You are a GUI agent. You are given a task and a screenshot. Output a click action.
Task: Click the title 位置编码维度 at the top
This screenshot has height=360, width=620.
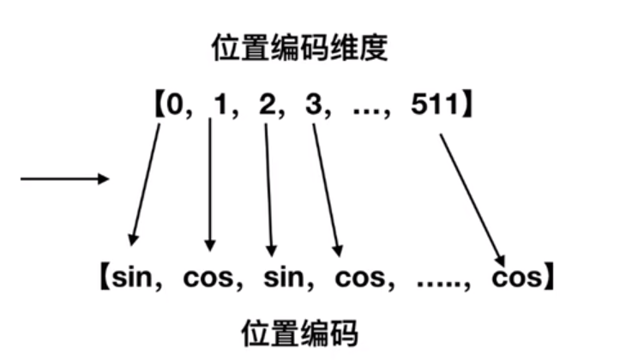pos(300,49)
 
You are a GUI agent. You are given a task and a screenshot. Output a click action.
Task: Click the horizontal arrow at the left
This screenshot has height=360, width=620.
pos(65,179)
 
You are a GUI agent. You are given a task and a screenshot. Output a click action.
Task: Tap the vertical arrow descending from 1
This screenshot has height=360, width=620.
pos(210,183)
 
